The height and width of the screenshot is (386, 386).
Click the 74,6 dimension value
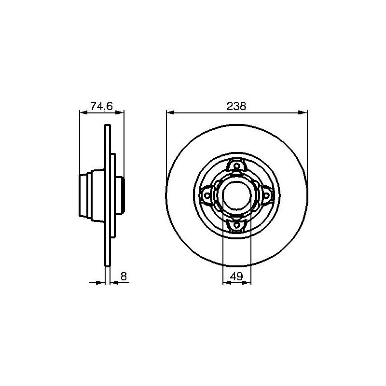point(102,106)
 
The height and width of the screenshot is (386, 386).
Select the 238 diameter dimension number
point(236,106)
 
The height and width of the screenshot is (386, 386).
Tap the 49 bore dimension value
point(236,276)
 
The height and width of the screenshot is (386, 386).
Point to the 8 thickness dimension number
point(124,276)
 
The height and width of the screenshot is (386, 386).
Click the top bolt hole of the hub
point(236,166)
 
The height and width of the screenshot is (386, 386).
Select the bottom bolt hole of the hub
point(236,225)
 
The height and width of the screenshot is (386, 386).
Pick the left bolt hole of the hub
point(207,195)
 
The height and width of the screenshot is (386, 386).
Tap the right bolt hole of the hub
point(266,195)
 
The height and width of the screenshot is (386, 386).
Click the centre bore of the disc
point(236,195)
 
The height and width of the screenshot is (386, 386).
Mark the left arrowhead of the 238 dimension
point(170,112)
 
